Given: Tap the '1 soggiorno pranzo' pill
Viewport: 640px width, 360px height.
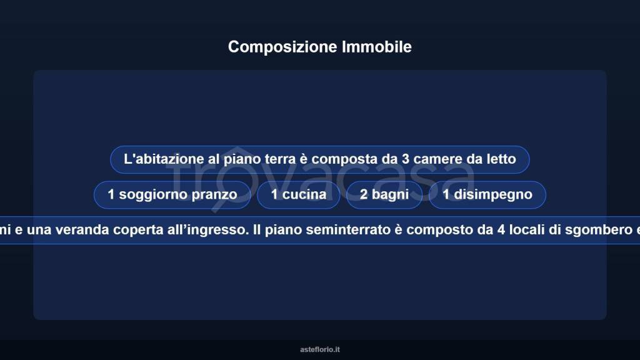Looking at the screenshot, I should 172,194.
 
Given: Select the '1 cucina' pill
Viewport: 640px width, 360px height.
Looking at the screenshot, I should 299,194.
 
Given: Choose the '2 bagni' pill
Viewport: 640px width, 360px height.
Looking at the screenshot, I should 384,194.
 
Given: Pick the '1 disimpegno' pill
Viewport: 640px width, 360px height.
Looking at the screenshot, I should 487,194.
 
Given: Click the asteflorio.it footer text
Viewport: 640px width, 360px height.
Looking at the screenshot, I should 320,350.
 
